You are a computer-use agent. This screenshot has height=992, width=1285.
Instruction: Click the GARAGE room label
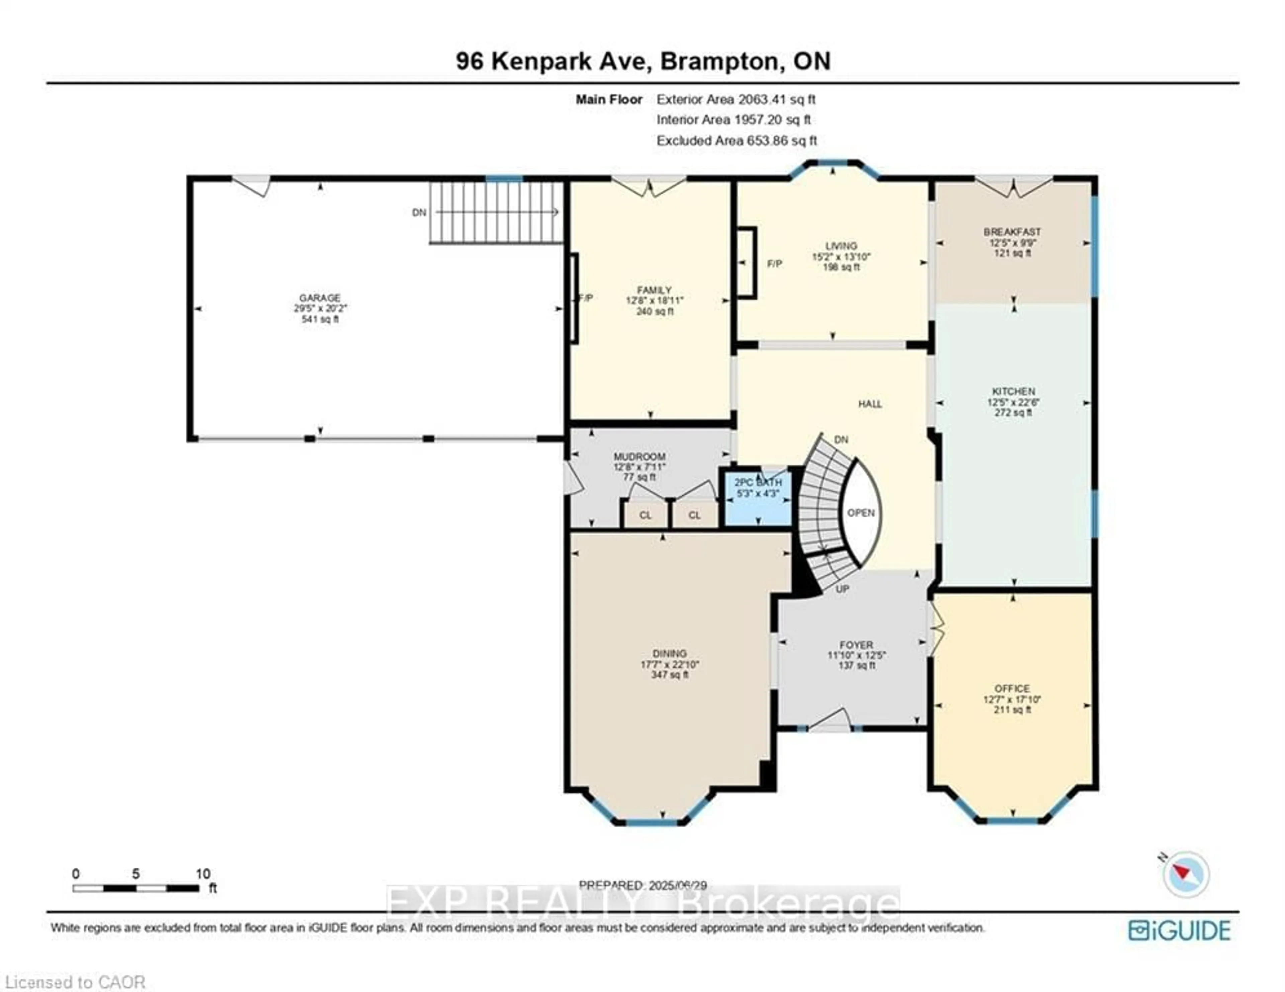(320, 298)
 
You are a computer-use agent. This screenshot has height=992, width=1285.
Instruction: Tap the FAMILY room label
(654, 290)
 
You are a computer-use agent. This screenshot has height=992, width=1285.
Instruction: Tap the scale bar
(136, 888)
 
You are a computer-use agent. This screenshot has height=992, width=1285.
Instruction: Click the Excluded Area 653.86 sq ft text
(736, 141)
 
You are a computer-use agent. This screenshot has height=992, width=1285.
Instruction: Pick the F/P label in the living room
(774, 264)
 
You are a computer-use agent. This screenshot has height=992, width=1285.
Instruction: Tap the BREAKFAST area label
(1012, 232)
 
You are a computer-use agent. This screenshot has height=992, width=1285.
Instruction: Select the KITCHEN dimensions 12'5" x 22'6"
(1013, 402)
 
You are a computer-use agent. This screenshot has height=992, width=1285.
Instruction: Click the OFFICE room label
(1012, 688)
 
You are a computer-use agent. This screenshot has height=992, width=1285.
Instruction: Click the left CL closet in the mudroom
(646, 515)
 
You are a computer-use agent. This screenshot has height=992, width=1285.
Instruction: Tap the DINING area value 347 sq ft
(670, 674)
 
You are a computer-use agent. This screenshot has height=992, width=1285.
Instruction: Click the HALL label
(870, 404)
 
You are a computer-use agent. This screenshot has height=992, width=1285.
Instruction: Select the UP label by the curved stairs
(842, 588)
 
